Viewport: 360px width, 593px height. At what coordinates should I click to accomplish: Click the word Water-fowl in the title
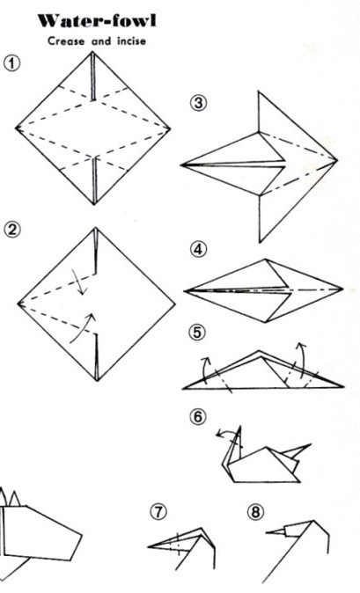tap(97, 21)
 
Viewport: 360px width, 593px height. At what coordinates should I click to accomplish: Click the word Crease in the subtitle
tap(66, 40)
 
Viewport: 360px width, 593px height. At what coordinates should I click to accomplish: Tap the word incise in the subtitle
tap(131, 40)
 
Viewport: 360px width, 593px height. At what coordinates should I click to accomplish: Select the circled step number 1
tap(12, 62)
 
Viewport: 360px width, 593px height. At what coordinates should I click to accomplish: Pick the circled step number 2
tap(12, 230)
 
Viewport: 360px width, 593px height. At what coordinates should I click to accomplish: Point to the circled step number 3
tap(199, 103)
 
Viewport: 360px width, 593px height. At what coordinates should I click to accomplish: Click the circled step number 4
tap(199, 250)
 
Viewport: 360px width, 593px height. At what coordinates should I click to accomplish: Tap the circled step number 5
tap(197, 333)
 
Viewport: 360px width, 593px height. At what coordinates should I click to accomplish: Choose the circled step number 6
tap(198, 416)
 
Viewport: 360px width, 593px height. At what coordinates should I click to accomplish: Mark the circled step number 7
tap(158, 512)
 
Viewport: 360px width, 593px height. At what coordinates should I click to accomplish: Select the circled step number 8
tap(255, 512)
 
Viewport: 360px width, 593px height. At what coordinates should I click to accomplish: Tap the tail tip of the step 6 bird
tap(311, 445)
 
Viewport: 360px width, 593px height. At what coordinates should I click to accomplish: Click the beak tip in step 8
tap(266, 532)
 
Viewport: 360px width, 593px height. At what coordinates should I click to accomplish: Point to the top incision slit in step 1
tap(93, 76)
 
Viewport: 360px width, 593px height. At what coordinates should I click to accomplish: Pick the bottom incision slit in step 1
tap(94, 180)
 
